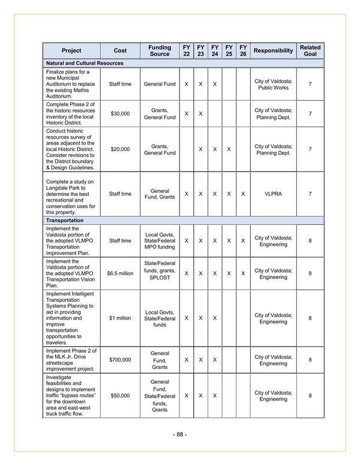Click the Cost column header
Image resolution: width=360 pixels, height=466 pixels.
(x=120, y=50)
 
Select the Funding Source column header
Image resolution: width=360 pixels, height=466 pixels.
(x=160, y=50)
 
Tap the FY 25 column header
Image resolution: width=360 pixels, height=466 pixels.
(x=229, y=50)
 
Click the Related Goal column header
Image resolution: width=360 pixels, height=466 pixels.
(x=310, y=50)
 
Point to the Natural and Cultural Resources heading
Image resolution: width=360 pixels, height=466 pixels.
(x=85, y=63)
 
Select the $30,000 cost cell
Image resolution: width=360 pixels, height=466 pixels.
(x=120, y=114)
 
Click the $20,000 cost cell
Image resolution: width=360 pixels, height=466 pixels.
(x=120, y=149)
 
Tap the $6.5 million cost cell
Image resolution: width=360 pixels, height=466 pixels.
(x=120, y=273)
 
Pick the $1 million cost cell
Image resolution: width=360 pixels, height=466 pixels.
(x=120, y=318)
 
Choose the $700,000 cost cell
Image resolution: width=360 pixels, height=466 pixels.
(x=120, y=360)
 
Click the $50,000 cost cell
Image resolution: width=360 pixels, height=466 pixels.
(x=120, y=396)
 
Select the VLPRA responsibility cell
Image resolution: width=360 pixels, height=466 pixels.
(x=273, y=194)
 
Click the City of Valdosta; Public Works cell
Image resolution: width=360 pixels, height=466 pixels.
(x=273, y=84)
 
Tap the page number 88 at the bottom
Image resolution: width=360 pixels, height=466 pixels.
(x=179, y=434)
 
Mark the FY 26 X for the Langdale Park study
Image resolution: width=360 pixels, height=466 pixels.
(x=243, y=194)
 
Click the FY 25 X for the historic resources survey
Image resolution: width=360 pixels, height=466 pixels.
(x=229, y=149)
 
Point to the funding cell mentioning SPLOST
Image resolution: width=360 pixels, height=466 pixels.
(x=160, y=273)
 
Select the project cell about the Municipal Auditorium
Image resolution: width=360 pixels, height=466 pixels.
(x=71, y=84)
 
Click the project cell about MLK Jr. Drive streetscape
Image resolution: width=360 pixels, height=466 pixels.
(x=71, y=360)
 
